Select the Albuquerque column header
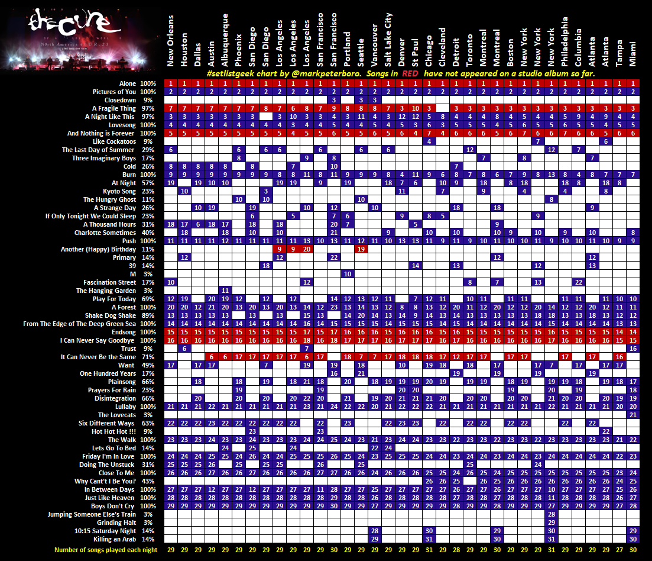pyautogui.click(x=225, y=41)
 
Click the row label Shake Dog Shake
pyautogui.click(x=112, y=315)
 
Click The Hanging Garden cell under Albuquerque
pyautogui.click(x=225, y=291)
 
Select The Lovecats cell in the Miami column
pyautogui.click(x=633, y=415)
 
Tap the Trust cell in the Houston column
pyautogui.click(x=184, y=349)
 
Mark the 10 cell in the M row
pyautogui.click(x=348, y=274)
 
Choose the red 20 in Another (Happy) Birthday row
pyautogui.click(x=306, y=249)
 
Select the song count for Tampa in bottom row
pyautogui.click(x=619, y=550)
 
